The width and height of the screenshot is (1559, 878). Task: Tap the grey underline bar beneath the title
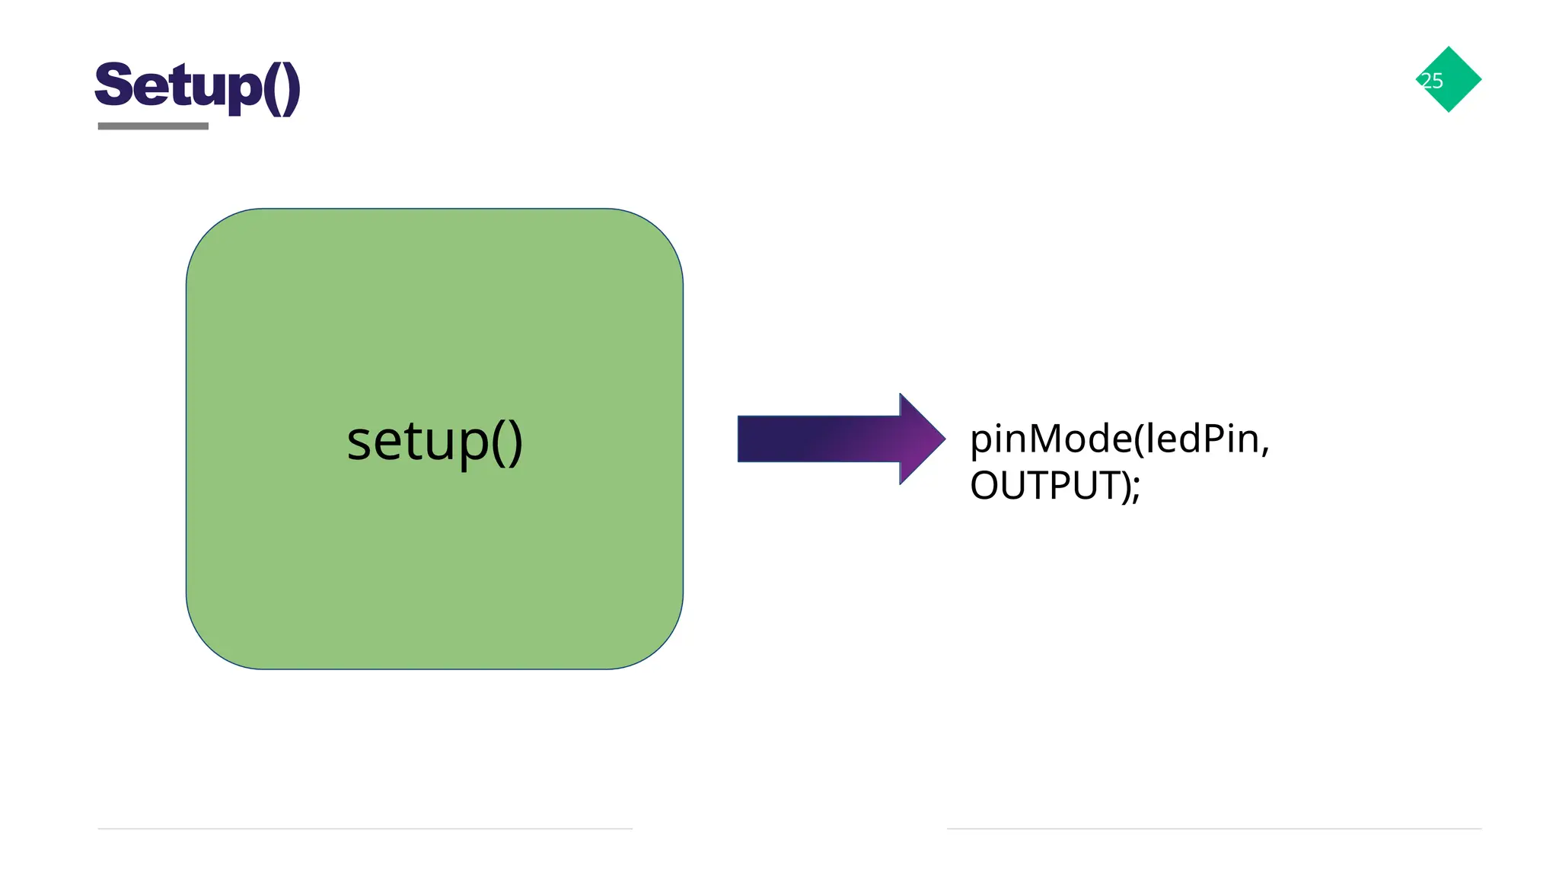pos(153,126)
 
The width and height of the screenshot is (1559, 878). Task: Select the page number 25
pos(1432,81)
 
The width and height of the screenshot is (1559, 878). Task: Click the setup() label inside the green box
pos(435,441)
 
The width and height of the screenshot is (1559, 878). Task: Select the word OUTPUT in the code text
pos(1041,486)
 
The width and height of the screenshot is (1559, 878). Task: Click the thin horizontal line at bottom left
pos(365,829)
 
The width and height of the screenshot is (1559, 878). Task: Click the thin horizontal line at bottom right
pos(1213,829)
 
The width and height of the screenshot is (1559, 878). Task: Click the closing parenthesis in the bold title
pos(292,88)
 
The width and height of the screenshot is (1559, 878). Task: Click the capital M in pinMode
pos(1047,439)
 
